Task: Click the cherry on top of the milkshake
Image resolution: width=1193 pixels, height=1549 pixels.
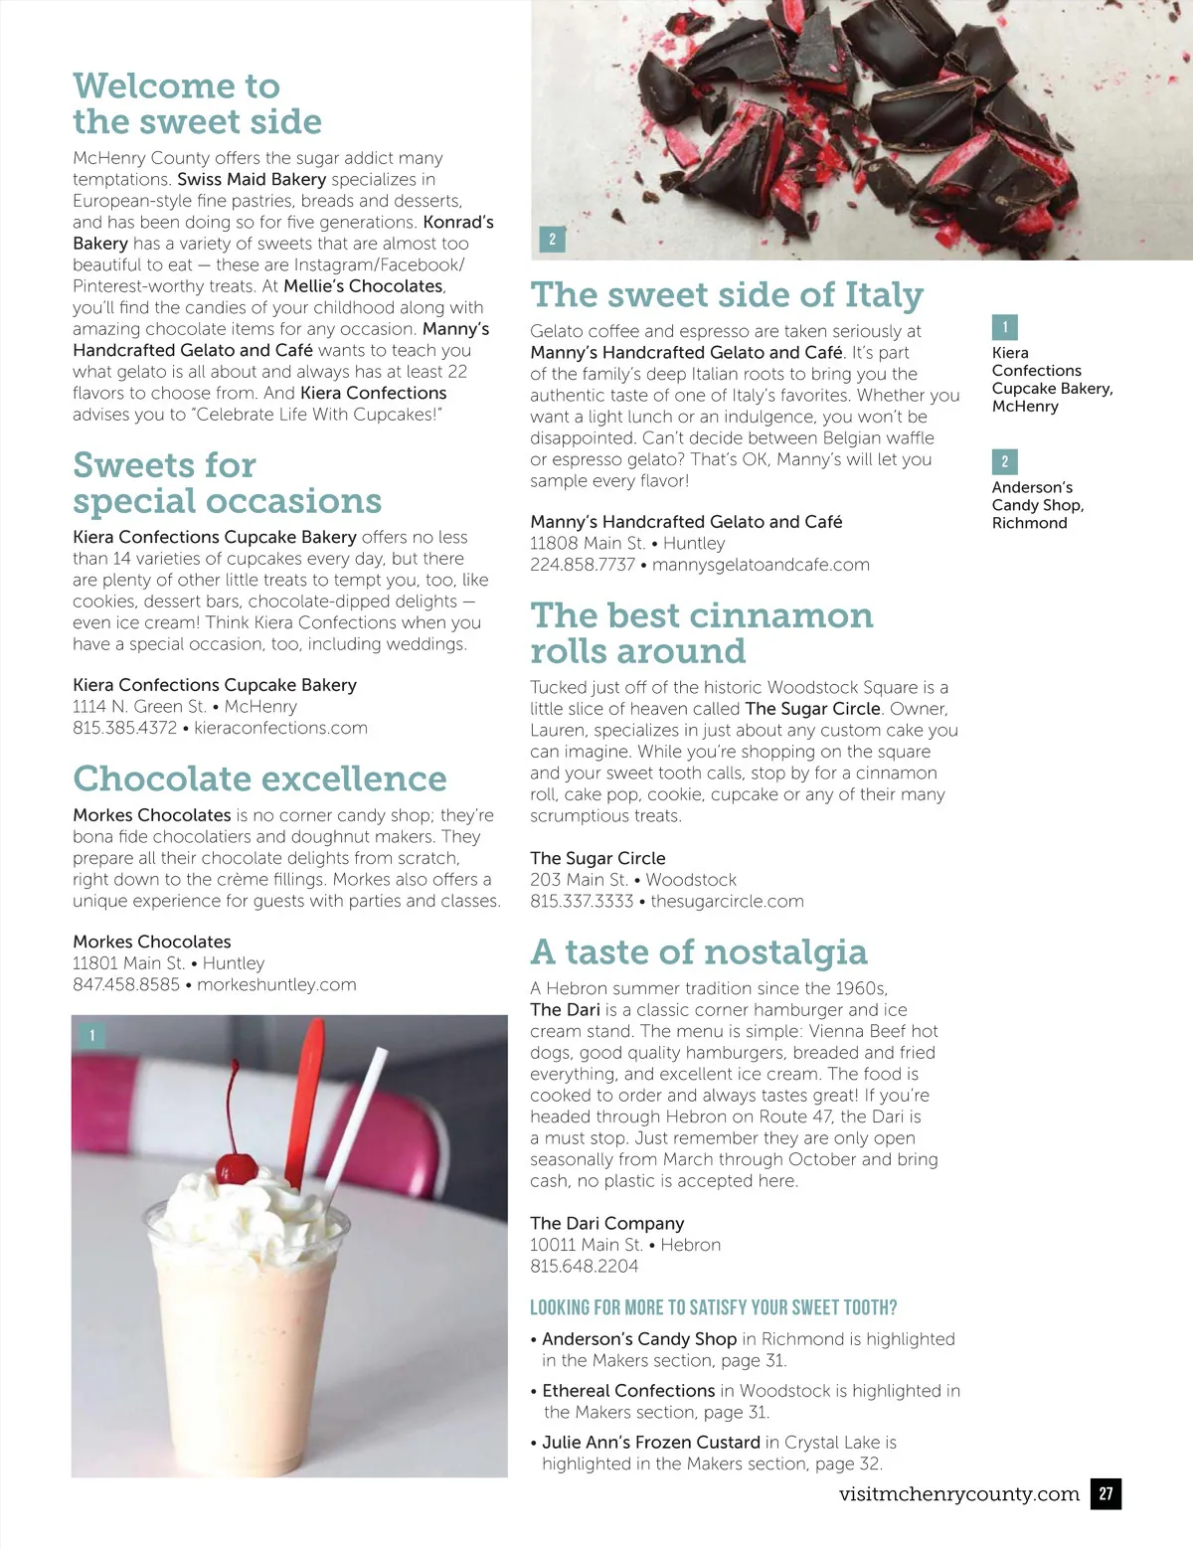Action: (236, 1165)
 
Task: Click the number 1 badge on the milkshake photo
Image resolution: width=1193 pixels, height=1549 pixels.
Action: (92, 1036)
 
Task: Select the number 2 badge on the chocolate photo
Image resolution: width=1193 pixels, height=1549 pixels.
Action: (552, 239)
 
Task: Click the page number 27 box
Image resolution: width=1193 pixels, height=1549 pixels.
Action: (1106, 1493)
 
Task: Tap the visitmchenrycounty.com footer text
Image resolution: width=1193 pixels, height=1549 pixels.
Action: (958, 1493)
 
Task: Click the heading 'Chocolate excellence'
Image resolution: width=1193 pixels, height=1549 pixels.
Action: (259, 778)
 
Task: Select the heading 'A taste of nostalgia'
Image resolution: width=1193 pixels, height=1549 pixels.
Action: (698, 951)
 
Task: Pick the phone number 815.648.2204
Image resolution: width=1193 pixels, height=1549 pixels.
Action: (584, 1266)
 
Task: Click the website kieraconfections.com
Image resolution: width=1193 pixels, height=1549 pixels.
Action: (280, 728)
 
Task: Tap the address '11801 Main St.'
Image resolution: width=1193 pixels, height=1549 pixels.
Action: (128, 963)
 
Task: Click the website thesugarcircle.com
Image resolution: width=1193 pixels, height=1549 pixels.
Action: (727, 901)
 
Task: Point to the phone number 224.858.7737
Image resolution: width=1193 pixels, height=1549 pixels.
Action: (582, 565)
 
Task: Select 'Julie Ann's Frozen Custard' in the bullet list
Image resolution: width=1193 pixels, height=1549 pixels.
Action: (651, 1442)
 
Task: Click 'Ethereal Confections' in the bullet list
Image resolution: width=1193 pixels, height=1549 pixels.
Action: (628, 1391)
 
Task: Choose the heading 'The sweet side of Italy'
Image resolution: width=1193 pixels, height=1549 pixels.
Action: (727, 294)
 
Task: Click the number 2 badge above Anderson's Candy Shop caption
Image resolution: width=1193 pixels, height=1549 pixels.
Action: (1004, 461)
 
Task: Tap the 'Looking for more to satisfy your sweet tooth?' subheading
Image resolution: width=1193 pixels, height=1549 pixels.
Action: (713, 1307)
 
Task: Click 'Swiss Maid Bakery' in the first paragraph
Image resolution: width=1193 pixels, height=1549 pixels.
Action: (252, 179)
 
